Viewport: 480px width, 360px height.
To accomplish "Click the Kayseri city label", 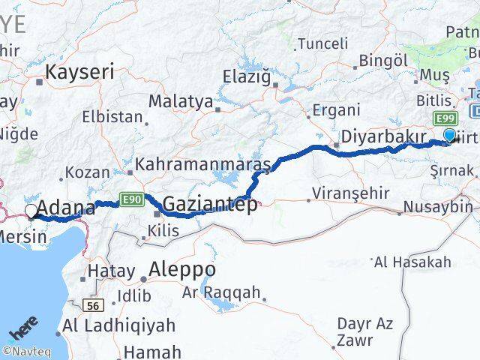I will point(80,72).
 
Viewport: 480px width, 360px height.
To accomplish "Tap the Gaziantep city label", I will point(208,204).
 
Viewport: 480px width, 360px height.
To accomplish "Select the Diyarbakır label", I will point(383,136).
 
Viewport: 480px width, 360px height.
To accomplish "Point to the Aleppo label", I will point(182,269).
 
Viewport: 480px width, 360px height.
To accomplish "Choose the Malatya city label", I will point(180,101).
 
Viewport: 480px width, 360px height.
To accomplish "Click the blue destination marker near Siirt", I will point(450,136).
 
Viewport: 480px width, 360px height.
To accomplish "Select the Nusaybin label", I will point(437,206).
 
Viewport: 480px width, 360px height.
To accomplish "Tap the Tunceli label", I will point(322,43).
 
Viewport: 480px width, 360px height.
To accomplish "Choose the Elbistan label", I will point(112,117).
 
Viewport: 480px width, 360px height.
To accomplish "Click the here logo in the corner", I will point(24,331).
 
